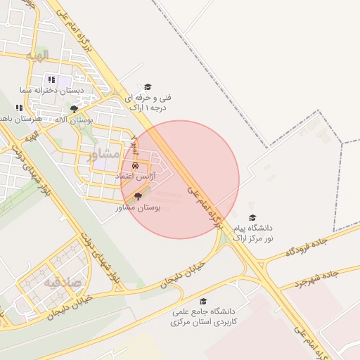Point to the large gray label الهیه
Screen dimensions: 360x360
[37, 55]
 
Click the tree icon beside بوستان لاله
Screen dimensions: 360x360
[74, 109]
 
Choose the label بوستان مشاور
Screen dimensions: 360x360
[138, 208]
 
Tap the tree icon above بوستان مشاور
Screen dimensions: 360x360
[137, 197]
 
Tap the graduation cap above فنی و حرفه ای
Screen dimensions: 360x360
[148, 86]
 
